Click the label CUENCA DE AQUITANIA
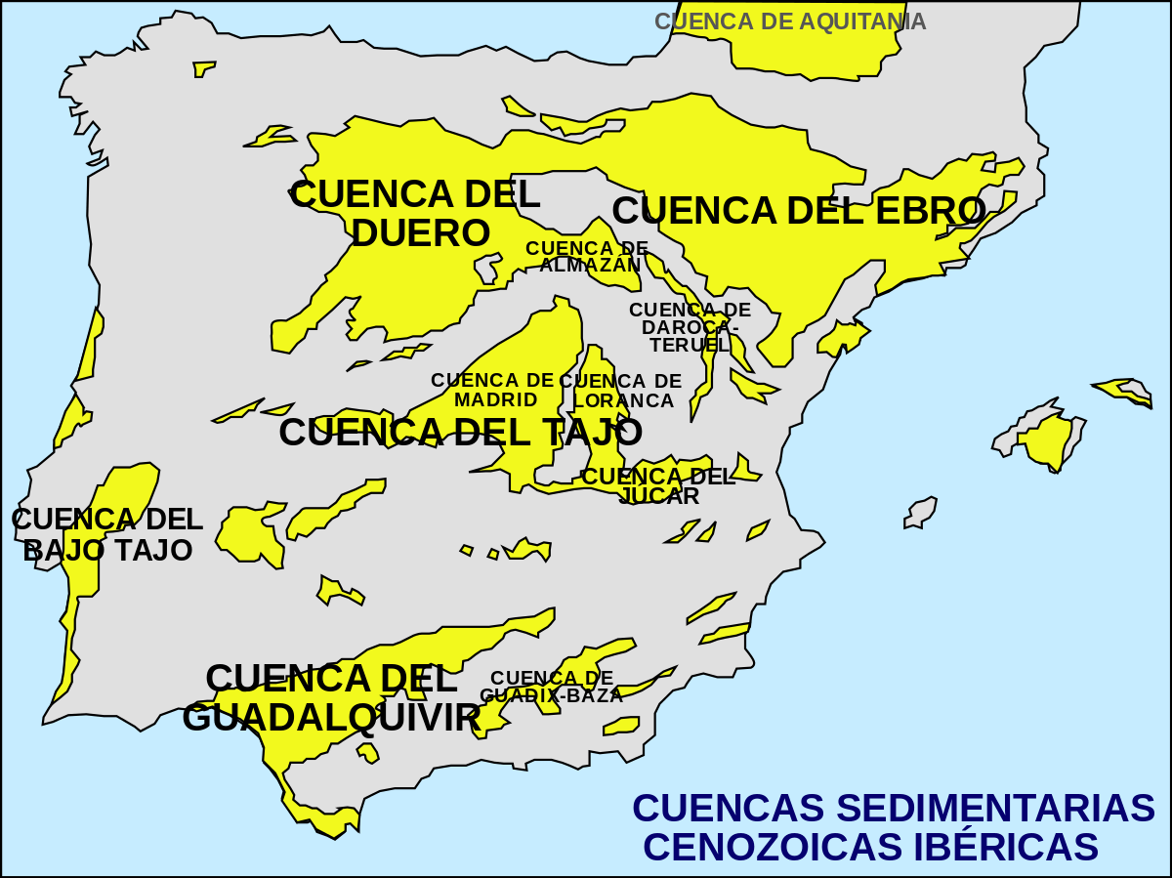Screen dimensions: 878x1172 (789, 21)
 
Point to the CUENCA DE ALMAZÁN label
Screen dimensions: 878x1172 (587, 257)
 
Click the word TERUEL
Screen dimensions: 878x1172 (690, 345)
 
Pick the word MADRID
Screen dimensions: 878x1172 (495, 399)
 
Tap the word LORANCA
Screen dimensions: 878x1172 (624, 400)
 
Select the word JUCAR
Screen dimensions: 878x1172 (660, 496)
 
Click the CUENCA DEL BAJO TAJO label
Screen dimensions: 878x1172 (107, 534)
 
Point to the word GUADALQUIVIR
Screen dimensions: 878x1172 (331, 718)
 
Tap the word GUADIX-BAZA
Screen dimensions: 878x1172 (552, 696)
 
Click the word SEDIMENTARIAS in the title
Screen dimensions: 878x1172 (997, 809)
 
